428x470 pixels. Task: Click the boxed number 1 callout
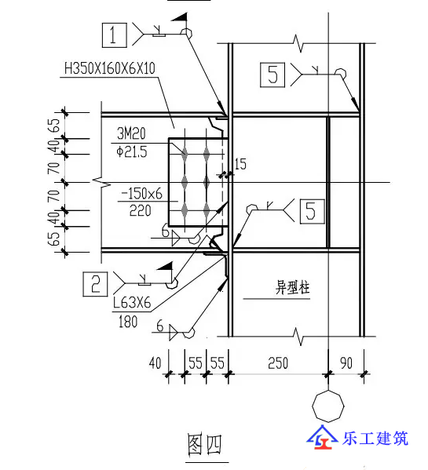(x=115, y=35)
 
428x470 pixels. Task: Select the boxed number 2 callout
(x=95, y=284)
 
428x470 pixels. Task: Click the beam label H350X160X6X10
(x=110, y=68)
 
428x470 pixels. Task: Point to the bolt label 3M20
(x=131, y=133)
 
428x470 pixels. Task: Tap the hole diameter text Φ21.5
(x=132, y=152)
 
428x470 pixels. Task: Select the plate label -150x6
(x=141, y=194)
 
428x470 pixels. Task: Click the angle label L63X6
(x=132, y=303)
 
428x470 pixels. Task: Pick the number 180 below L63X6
(x=128, y=322)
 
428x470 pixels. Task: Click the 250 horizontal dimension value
(x=278, y=363)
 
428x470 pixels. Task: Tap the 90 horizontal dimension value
(x=346, y=363)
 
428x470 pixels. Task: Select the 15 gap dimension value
(x=240, y=164)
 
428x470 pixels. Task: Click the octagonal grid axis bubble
(x=328, y=406)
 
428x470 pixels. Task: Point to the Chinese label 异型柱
(x=292, y=287)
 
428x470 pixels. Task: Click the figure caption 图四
(x=205, y=445)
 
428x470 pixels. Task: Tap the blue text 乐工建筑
(x=375, y=439)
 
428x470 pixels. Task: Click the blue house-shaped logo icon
(x=322, y=437)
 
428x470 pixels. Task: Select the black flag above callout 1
(x=180, y=16)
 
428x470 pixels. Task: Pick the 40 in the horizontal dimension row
(x=155, y=363)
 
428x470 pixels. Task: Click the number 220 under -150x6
(x=140, y=211)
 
